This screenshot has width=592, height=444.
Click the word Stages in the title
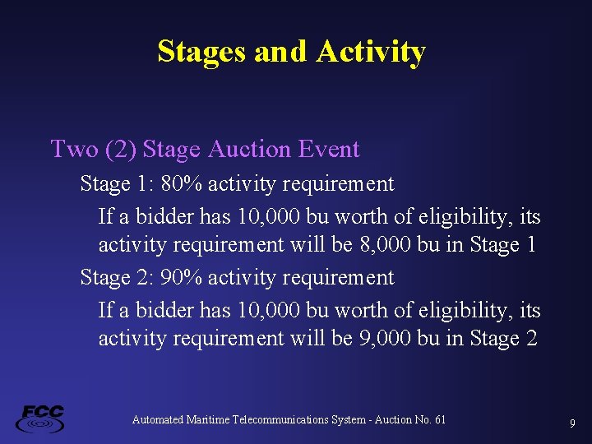pos(202,52)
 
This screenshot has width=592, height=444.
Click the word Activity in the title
pos(370,52)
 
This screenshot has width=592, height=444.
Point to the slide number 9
pos(572,423)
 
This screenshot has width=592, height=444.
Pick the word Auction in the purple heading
pos(249,149)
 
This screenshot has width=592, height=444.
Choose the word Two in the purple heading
pos(74,149)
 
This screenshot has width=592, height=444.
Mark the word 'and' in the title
pos(280,52)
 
